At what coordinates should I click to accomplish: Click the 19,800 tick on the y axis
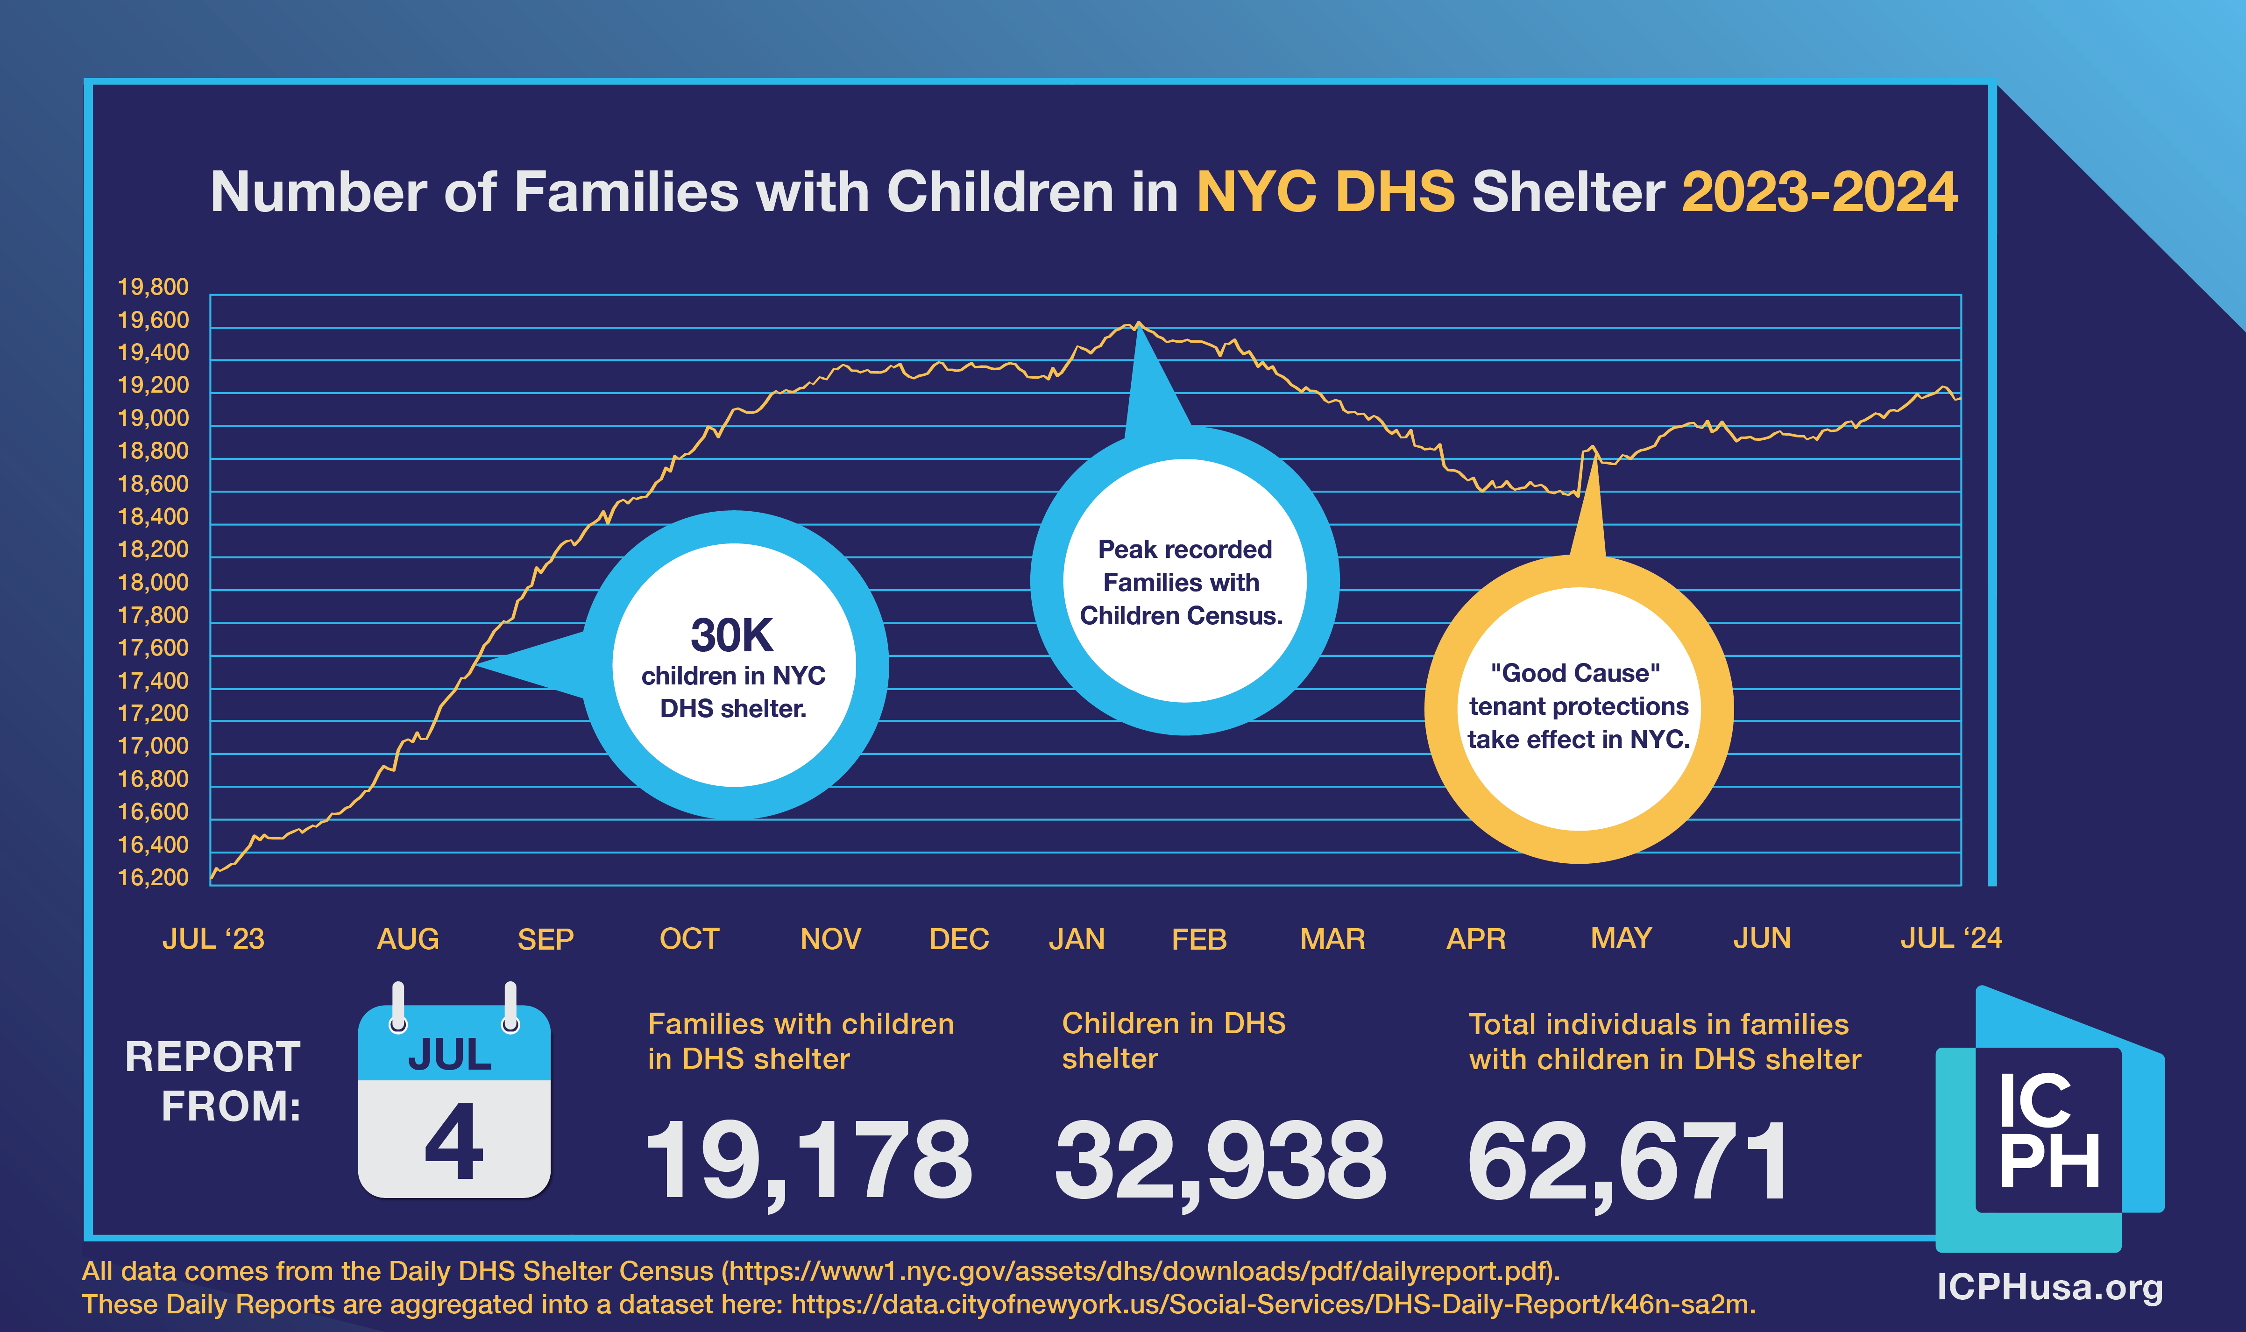(154, 287)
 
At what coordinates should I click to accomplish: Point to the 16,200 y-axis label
(154, 878)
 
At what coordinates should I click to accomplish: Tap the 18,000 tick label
(154, 583)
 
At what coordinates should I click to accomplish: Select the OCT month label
(689, 939)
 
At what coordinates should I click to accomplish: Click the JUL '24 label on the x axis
(1951, 938)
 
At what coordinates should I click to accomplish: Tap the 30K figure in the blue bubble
(731, 635)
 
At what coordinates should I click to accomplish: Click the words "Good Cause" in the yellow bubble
(1575, 673)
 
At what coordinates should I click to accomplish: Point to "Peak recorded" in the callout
(1185, 550)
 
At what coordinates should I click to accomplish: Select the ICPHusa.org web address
(2049, 1287)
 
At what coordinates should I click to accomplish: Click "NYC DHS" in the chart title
(1325, 192)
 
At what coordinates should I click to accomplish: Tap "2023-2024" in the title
(1820, 192)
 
